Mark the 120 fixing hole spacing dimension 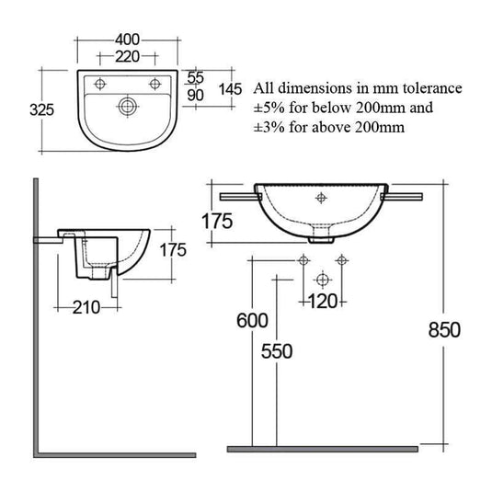click(x=321, y=301)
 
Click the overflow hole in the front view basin click(x=321, y=196)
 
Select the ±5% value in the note click(x=264, y=109)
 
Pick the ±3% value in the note click(x=264, y=129)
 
